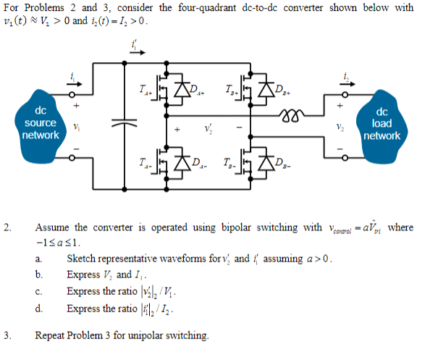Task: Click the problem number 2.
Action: [x=7, y=229]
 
